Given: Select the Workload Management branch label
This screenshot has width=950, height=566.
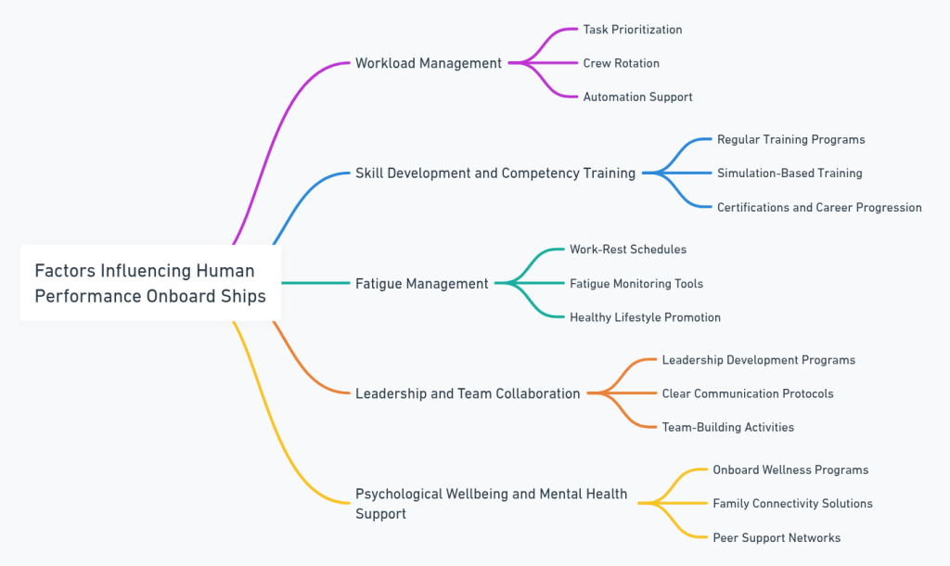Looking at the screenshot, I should point(428,63).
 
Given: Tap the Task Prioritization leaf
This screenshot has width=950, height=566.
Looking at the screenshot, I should point(632,30).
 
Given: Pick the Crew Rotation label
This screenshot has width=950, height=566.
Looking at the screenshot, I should point(621,63).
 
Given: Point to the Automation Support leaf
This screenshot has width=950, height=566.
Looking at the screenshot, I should point(637,96).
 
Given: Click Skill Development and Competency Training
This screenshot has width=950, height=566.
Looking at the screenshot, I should point(495,173).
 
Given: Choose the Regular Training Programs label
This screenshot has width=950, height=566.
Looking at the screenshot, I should point(790,139).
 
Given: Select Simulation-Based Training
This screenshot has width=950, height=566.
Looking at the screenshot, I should point(790,173).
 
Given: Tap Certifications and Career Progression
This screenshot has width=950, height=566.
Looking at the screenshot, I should point(819,207).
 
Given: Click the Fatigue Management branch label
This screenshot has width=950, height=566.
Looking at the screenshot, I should point(421,283).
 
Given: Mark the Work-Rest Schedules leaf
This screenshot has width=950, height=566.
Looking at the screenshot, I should point(627,250).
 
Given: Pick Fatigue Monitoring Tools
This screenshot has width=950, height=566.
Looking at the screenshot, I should point(635,283).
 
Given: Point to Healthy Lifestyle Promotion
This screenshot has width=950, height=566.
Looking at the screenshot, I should point(645,317).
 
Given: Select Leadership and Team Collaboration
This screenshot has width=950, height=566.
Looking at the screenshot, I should point(468,393).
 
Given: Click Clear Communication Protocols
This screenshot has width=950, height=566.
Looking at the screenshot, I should point(747,393).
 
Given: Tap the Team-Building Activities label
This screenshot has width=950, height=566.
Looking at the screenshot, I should point(727,427).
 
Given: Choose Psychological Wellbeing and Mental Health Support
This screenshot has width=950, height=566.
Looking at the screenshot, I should point(491,503).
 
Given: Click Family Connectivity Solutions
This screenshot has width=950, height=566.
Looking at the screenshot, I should point(792,503).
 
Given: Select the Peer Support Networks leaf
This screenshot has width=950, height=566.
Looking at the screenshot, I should point(776,537).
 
